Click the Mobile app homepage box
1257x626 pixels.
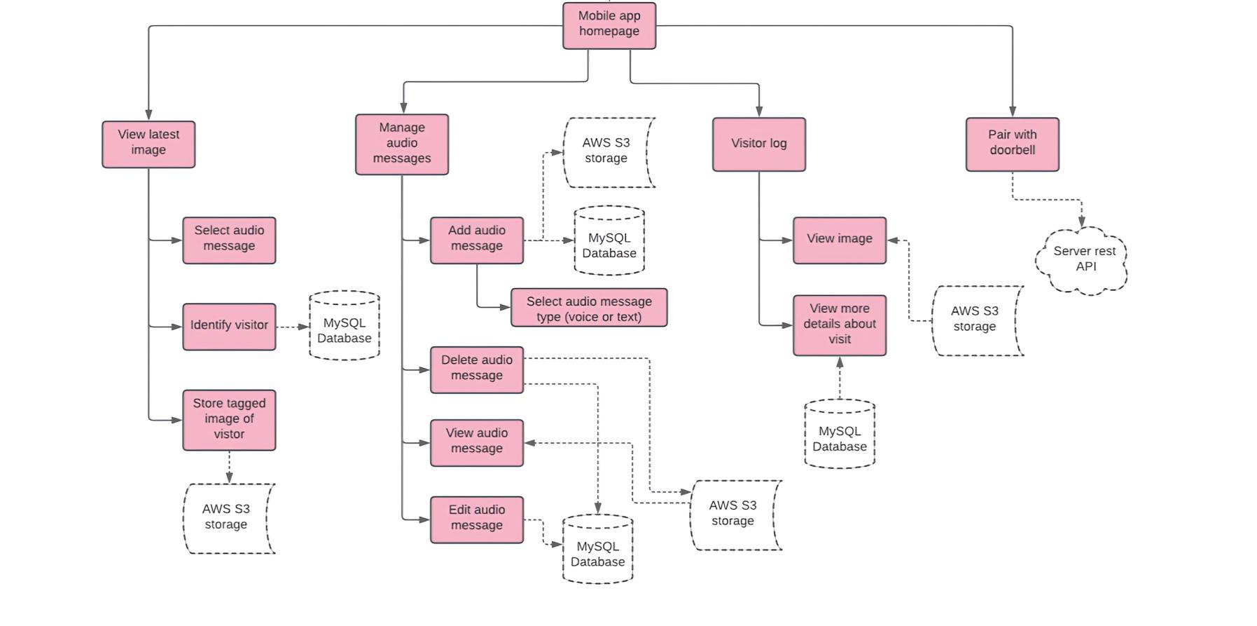point(609,25)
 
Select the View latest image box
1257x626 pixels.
point(148,144)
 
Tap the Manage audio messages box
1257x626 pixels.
point(402,144)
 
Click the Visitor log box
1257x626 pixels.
point(758,144)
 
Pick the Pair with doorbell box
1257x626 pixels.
point(1012,144)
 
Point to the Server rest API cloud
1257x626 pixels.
point(1083,259)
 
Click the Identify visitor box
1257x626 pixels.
point(229,326)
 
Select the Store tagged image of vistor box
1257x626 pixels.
point(229,419)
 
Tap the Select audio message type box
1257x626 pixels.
point(588,308)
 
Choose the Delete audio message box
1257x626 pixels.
point(476,369)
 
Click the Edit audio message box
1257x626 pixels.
point(476,519)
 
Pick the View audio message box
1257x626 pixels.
point(476,442)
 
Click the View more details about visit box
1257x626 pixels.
point(839,325)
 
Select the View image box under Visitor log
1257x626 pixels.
point(839,240)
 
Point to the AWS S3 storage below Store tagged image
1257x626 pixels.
point(227,518)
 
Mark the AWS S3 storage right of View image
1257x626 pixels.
point(975,320)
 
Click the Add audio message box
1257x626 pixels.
point(476,240)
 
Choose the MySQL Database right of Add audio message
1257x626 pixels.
point(609,241)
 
